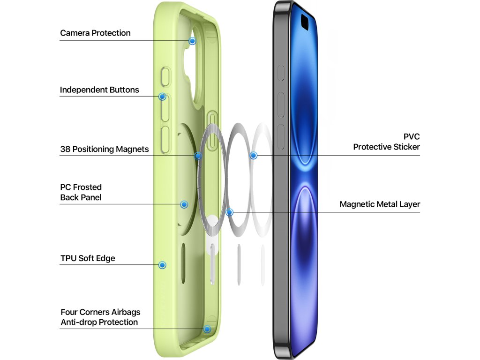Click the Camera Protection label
(95, 33)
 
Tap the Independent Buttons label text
(99, 90)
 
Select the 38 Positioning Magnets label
(105, 150)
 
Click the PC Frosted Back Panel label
(81, 192)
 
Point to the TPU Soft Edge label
(88, 258)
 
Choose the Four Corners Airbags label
(100, 312)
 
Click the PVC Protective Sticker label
(386, 142)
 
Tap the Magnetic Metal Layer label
(380, 204)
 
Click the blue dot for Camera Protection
(192, 41)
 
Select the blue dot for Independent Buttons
(162, 97)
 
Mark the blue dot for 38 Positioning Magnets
(198, 156)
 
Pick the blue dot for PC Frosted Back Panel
(184, 204)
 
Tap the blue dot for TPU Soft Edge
(162, 265)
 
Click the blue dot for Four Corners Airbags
(207, 329)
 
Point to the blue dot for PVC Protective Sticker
(254, 155)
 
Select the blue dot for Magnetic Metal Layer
(229, 212)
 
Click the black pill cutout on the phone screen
(305, 21)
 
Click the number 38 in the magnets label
(66, 150)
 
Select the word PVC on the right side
(412, 136)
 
